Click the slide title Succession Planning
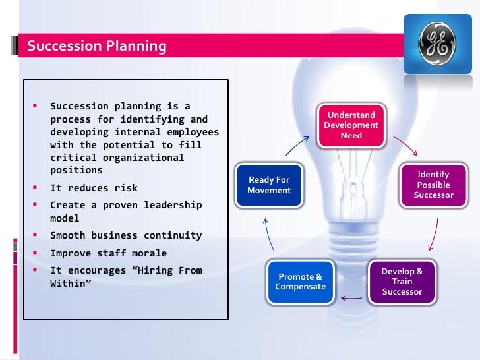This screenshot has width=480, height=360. (x=97, y=46)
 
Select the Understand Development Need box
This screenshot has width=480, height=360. (x=351, y=125)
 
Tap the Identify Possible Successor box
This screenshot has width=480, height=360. (x=433, y=185)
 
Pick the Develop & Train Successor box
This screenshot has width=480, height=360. (x=402, y=282)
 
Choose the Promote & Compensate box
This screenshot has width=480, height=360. (x=301, y=282)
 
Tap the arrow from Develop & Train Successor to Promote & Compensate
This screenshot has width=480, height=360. (x=352, y=298)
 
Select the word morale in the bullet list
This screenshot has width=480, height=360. (x=148, y=253)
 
